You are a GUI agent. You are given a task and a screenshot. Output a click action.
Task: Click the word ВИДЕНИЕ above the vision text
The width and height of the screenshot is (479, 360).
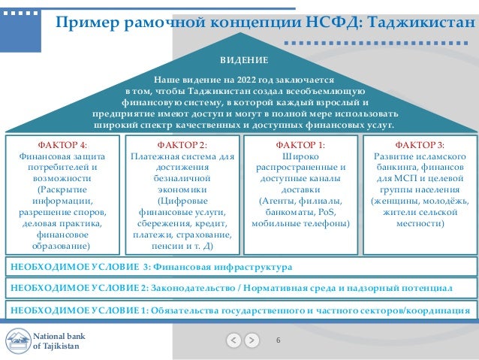243,59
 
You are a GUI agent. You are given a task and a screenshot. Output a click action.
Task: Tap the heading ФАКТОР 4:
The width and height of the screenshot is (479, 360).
62,144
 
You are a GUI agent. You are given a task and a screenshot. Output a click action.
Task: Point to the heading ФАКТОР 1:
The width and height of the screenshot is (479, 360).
300,144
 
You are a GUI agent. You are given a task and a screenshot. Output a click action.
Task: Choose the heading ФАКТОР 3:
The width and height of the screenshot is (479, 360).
419,144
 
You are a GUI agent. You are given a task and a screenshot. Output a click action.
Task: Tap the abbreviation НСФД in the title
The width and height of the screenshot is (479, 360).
332,23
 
